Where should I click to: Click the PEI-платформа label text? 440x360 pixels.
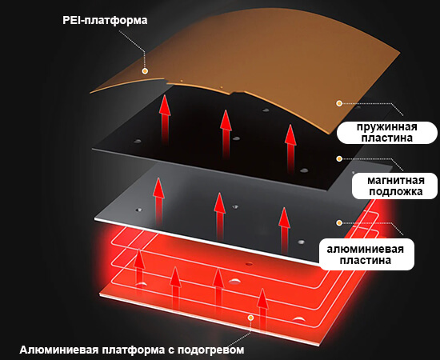[105, 21]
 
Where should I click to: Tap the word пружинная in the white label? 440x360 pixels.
[387, 127]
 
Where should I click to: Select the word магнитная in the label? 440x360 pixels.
[396, 181]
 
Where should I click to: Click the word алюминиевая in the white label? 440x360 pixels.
[365, 249]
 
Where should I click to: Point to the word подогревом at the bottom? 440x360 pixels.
[210, 350]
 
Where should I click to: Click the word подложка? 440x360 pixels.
[396, 192]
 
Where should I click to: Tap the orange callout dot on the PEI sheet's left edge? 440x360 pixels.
[145, 71]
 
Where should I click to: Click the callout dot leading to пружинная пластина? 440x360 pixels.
[339, 103]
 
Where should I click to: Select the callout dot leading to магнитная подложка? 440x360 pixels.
[339, 159]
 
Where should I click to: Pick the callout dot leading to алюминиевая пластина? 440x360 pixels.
[339, 223]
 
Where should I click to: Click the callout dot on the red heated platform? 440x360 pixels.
[251, 318]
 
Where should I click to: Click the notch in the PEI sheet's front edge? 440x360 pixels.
[166, 82]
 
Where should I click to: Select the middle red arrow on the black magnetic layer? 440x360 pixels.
[226, 134]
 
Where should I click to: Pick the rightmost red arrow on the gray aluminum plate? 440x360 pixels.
[284, 230]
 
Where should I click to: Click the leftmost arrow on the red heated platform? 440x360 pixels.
[139, 266]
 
